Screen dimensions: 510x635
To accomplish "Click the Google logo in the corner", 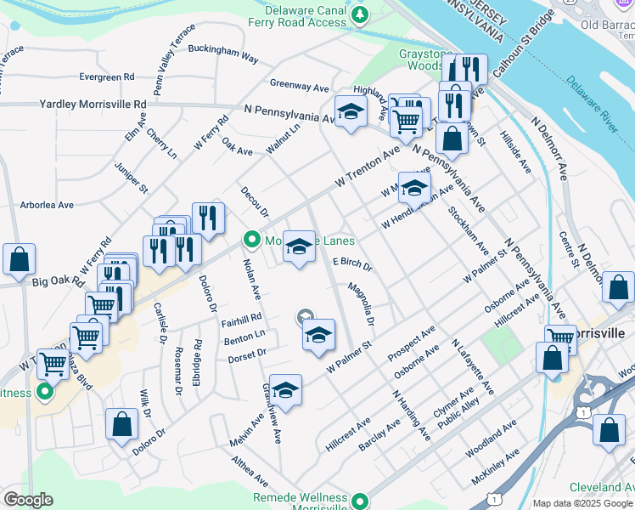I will [28, 500].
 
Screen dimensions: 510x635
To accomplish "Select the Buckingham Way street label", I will [222, 54].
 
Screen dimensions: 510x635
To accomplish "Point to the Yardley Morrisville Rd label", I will [93, 104].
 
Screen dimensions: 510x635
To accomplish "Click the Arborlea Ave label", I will [47, 205].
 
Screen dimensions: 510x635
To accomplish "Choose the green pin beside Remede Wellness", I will [360, 501].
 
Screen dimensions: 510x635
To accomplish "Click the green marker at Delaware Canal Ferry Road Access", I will [360, 14].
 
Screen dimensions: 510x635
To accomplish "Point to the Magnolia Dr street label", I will [359, 304].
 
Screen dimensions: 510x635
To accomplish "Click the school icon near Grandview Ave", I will [285, 390].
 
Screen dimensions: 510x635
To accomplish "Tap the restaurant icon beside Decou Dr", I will [207, 218].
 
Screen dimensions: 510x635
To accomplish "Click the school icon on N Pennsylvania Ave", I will [350, 111].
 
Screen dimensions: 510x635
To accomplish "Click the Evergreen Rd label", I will [106, 76].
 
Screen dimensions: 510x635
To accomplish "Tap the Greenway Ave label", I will [299, 86].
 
